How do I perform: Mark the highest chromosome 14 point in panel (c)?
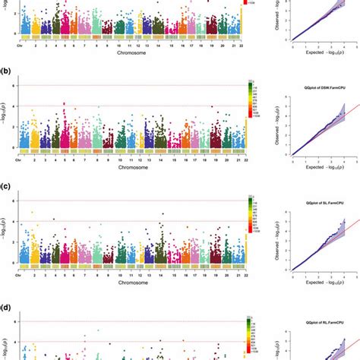163,214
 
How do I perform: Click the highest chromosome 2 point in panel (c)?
32,212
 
